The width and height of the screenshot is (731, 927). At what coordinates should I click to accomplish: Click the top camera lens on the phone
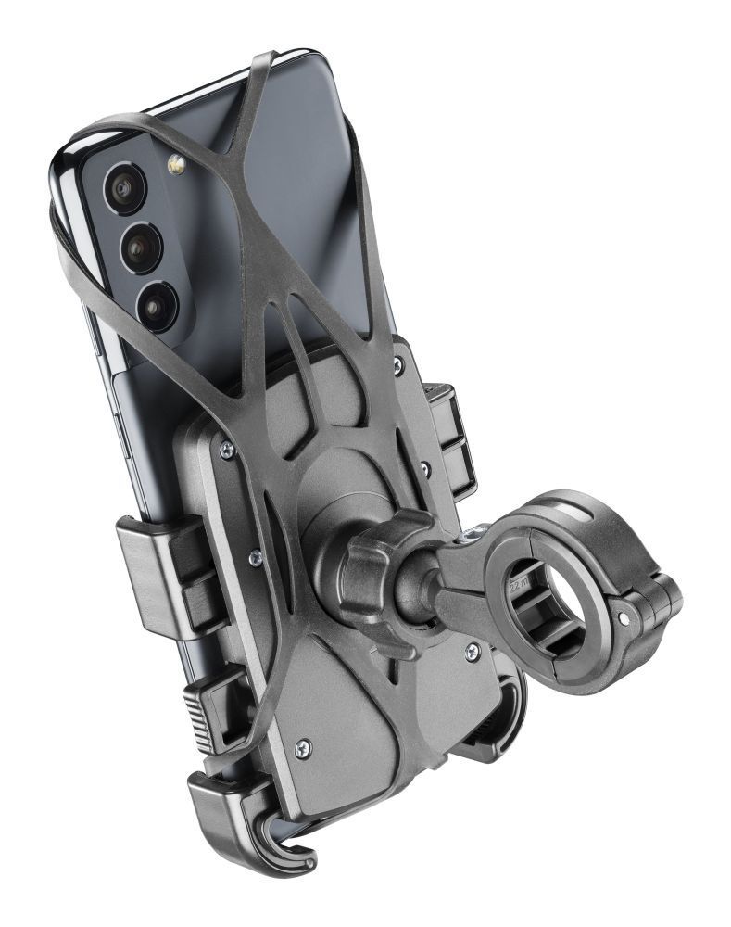pyautogui.click(x=122, y=188)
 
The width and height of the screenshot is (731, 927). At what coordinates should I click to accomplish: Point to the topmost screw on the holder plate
pyautogui.click(x=396, y=368)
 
